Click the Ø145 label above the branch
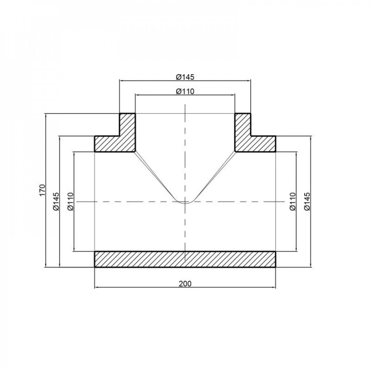185,77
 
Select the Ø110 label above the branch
185,92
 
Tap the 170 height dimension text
42,190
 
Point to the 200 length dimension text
185,284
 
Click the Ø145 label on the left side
56,201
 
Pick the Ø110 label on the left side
71,201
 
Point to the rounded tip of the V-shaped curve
185,203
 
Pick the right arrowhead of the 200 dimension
274,287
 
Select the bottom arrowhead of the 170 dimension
45,265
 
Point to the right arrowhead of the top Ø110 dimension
233,95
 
